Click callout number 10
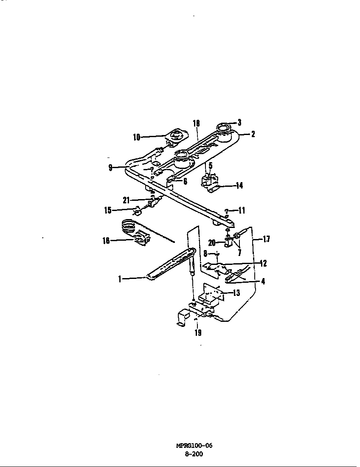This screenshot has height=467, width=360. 136,137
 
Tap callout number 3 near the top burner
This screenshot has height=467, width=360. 239,122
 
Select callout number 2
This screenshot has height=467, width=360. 253,134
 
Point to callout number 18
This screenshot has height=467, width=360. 196,123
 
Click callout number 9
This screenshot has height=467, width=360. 110,168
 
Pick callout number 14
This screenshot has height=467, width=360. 239,186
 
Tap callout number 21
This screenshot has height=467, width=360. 127,200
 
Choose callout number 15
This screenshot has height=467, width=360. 108,210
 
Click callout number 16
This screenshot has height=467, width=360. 106,240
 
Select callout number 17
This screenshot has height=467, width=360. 266,239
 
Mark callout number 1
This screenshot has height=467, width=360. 120,279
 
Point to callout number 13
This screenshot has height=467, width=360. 236,293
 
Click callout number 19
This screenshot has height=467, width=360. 198,333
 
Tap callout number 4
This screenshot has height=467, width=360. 263,281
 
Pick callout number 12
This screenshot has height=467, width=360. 263,263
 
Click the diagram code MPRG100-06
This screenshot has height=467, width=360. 194,445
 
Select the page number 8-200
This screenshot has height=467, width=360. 194,455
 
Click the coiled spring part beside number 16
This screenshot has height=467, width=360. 129,227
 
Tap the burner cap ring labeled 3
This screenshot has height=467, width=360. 223,128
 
